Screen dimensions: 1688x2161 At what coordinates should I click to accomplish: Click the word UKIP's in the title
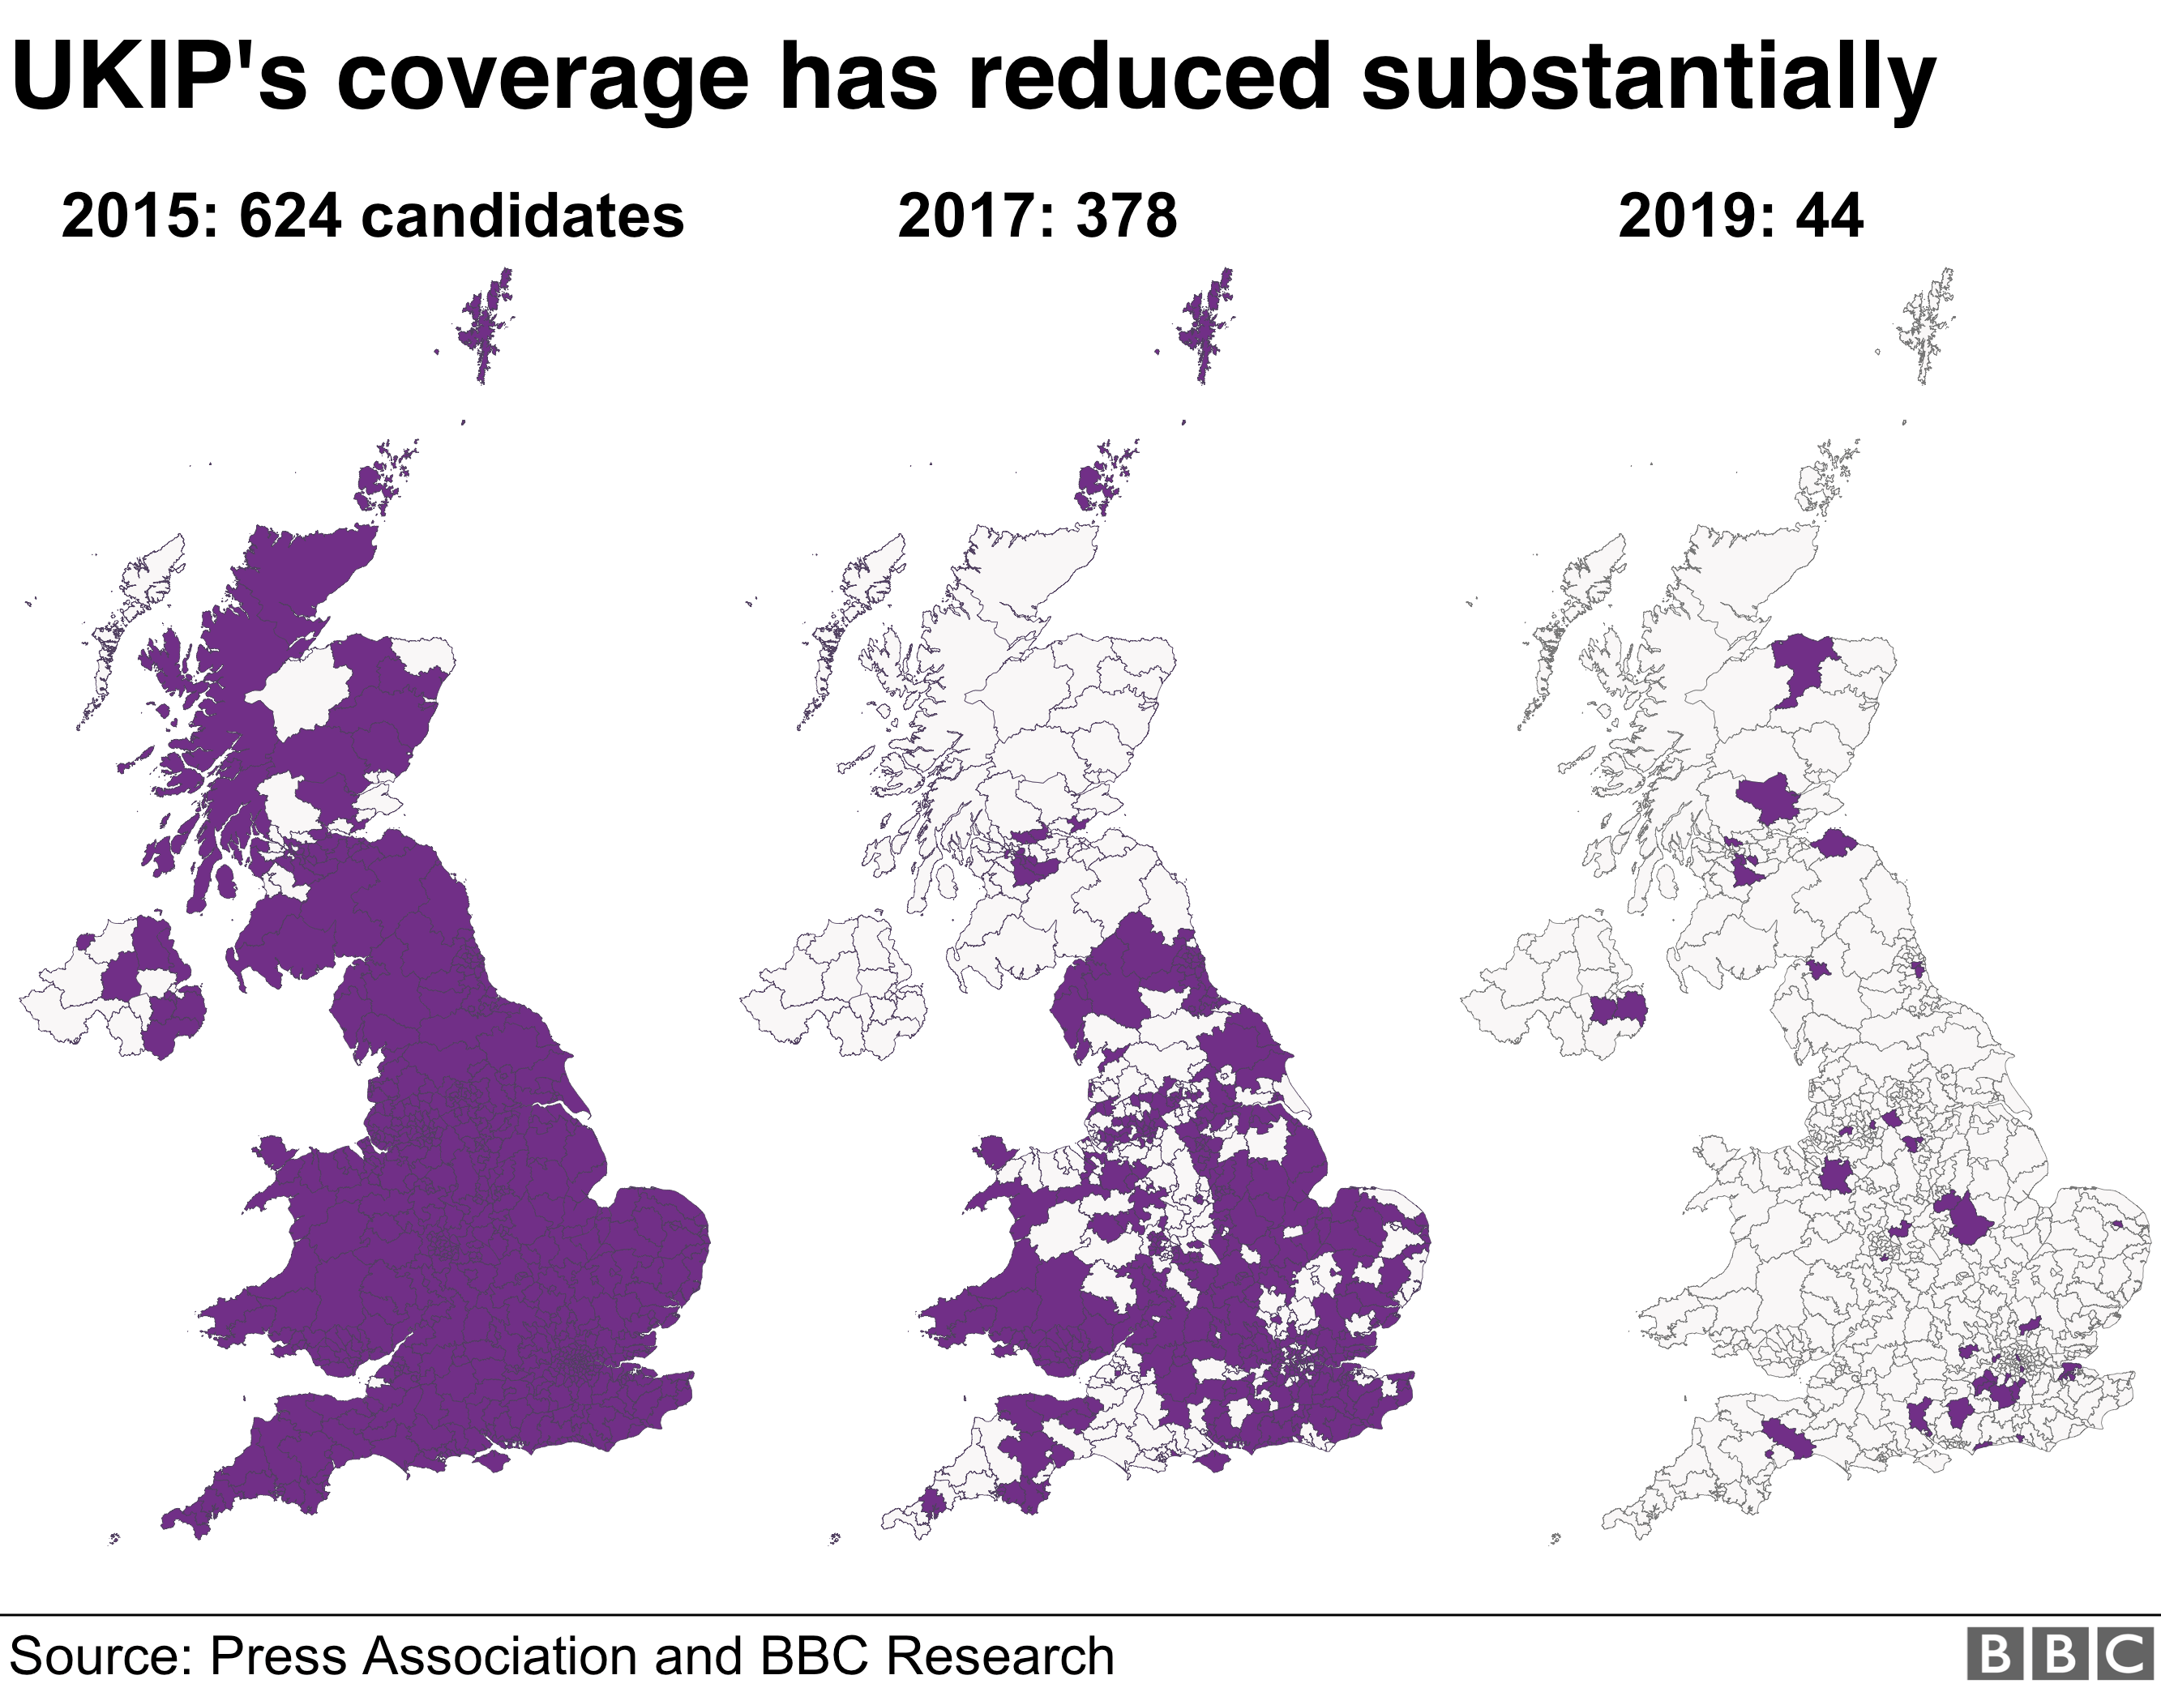(x=158, y=77)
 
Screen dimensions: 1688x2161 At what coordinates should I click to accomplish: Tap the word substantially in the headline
(x=1647, y=77)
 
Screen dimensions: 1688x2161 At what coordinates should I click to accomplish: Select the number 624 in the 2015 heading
(x=290, y=216)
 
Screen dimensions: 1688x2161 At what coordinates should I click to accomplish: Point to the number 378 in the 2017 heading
(x=1126, y=216)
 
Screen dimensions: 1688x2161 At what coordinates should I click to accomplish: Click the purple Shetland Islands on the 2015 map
(x=485, y=322)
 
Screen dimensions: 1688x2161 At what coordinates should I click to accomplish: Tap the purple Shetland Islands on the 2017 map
(x=1205, y=322)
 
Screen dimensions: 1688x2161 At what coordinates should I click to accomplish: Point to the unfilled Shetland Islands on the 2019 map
(x=1925, y=322)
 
